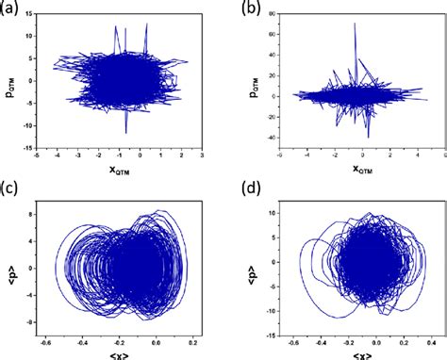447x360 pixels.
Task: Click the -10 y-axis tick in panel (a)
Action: pos(32,124)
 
